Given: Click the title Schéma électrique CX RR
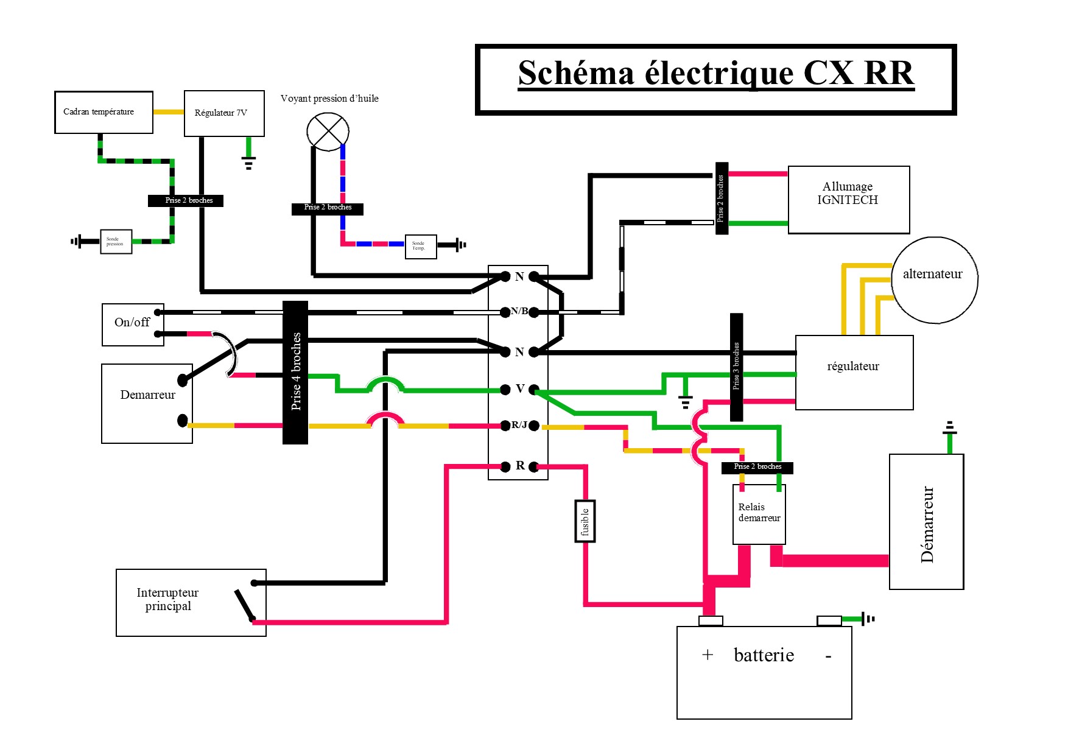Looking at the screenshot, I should coord(715,74).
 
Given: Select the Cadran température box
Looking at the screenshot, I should coord(104,112).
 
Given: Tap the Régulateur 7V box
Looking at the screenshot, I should coord(224,113).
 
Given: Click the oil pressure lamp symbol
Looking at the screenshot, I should coord(328,132).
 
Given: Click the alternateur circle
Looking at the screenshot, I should coord(934,279).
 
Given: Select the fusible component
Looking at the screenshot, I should coord(585,521).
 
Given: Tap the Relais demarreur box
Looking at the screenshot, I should coord(759,514).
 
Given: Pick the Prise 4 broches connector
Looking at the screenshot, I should coord(295,372).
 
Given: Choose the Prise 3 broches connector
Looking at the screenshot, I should coord(736,367).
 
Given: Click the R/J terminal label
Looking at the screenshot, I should coord(519,425).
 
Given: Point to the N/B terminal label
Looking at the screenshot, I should coord(519,311).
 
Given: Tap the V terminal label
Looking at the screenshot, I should coord(520,388).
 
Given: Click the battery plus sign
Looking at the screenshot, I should coord(707,655).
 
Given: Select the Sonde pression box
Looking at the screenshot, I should coord(116,242).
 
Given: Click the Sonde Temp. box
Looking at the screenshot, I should coord(421,247).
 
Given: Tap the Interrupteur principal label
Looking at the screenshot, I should coord(167,599).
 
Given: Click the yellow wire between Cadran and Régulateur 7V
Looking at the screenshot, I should coord(168,112).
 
